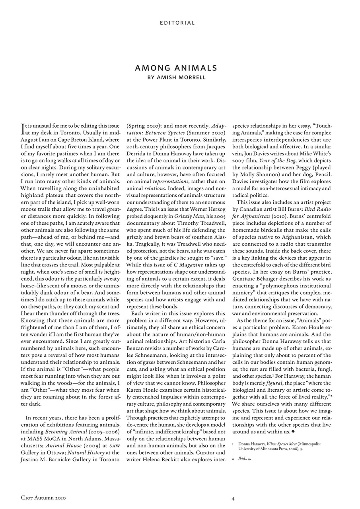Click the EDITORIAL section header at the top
click(x=177, y=23)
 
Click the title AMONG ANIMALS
click(x=176, y=68)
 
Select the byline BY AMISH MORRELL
click(x=176, y=78)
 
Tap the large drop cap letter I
click(x=23, y=127)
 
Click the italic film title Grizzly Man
click(x=187, y=216)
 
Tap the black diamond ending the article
click(x=293, y=431)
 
